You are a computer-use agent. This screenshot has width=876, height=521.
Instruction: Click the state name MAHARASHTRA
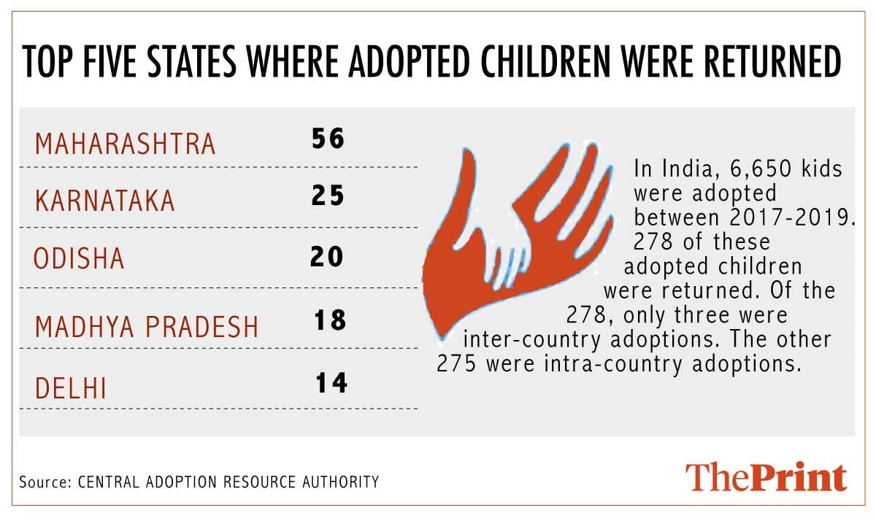[x=126, y=144]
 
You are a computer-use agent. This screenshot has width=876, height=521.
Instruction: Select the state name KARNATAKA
[x=105, y=201]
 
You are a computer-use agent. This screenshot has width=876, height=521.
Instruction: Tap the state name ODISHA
[x=80, y=260]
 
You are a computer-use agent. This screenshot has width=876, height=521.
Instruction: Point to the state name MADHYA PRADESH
[x=147, y=326]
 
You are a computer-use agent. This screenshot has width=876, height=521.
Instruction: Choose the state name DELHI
[x=71, y=387]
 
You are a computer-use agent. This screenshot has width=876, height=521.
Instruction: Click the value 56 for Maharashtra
[x=327, y=139]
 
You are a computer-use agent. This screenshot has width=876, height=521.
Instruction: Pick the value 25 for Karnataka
[x=327, y=197]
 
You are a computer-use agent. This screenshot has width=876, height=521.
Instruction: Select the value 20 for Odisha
[x=326, y=257]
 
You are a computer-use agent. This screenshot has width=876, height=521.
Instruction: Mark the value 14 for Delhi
[x=331, y=382]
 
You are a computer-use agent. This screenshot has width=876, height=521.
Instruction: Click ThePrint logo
[x=766, y=476]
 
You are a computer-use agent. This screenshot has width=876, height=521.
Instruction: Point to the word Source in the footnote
[x=38, y=482]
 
